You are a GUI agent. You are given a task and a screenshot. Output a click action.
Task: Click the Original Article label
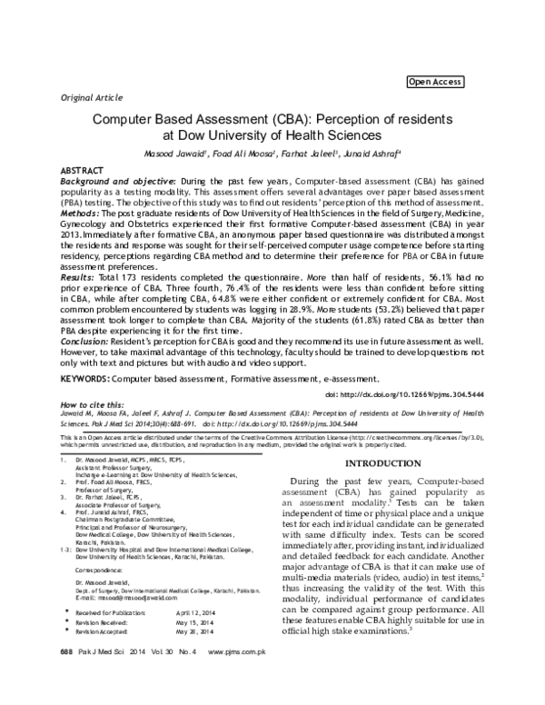click(x=91, y=95)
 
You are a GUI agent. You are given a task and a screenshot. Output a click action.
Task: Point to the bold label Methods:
click(x=83, y=212)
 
